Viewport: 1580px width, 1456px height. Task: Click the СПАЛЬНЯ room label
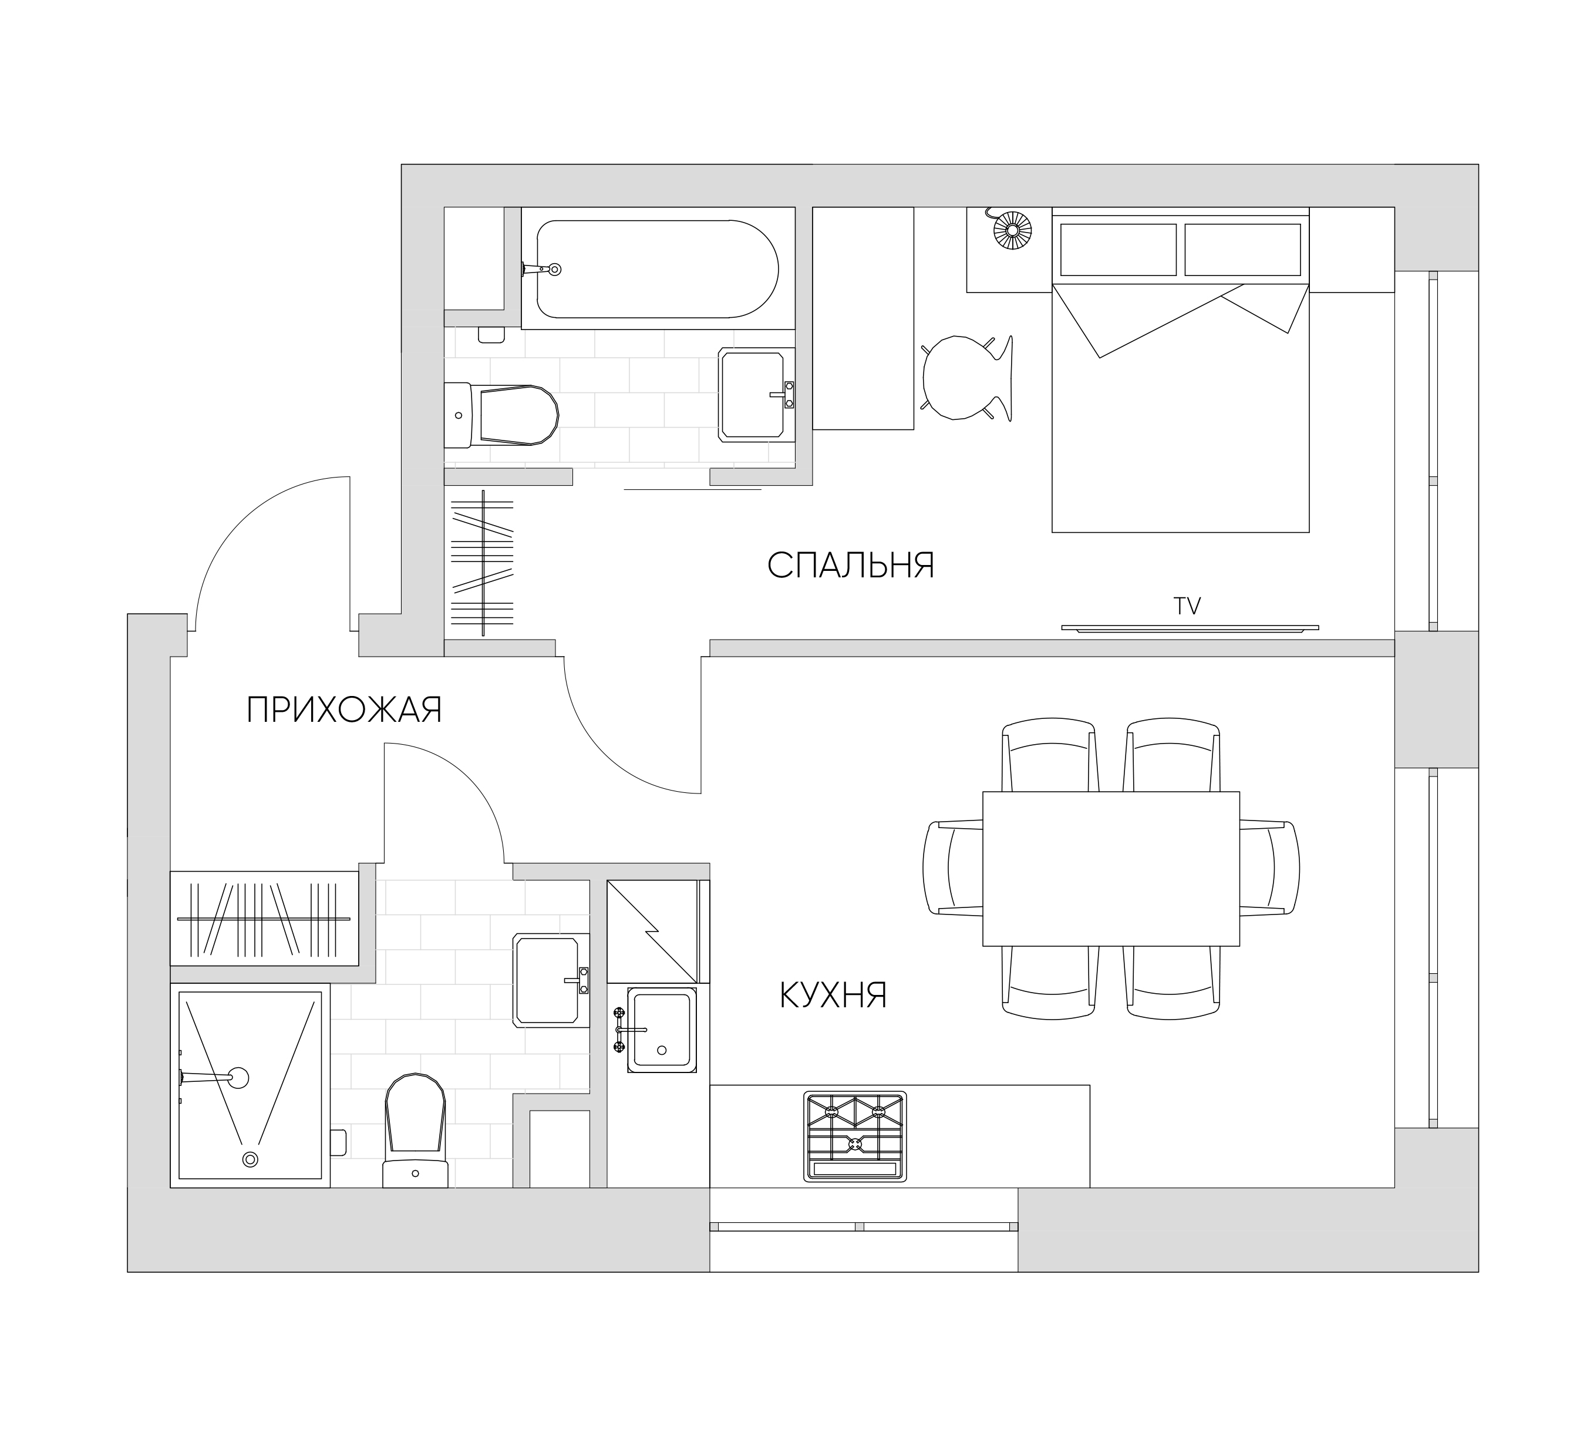(x=851, y=565)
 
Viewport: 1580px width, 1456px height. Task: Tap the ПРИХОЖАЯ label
(x=344, y=710)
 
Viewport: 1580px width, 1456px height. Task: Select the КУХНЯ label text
(x=833, y=996)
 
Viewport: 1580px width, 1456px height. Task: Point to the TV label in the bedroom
(x=1187, y=606)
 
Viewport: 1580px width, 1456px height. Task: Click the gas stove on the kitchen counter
(x=855, y=1136)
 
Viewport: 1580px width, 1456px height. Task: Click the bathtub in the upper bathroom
(x=658, y=268)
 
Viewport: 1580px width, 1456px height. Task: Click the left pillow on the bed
(x=1118, y=249)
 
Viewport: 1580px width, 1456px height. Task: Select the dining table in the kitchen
(x=1110, y=868)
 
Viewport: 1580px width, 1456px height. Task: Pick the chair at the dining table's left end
(x=952, y=867)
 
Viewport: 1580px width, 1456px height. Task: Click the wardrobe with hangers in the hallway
(x=265, y=918)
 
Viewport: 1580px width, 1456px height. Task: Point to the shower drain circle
(x=251, y=1159)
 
